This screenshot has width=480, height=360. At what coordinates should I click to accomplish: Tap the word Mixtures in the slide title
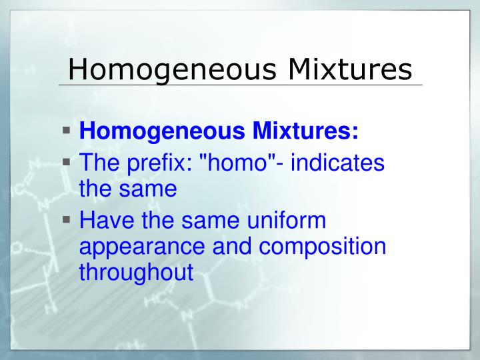[x=350, y=69]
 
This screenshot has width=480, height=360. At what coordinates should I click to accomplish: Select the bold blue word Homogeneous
[x=161, y=132]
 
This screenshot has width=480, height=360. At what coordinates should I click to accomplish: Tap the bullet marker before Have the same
[x=68, y=219]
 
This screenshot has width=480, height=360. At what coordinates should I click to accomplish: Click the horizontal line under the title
[x=240, y=85]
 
